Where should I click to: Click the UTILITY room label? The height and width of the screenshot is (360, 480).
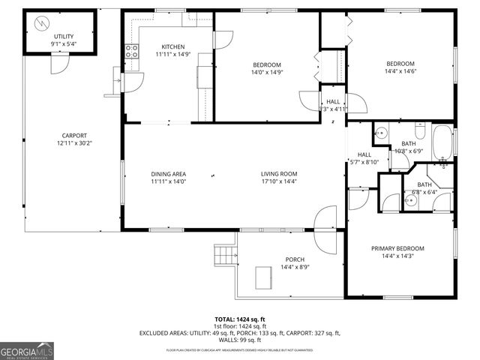click(64, 37)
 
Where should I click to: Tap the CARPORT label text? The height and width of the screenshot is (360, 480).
click(75, 135)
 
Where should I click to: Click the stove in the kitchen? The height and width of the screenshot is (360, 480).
click(132, 51)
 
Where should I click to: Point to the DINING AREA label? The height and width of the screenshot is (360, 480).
click(168, 174)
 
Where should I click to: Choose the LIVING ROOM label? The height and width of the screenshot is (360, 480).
click(279, 174)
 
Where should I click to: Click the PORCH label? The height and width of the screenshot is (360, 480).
click(294, 259)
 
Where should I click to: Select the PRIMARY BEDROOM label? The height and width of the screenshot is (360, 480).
click(397, 248)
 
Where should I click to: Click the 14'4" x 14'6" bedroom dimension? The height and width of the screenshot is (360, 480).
click(400, 72)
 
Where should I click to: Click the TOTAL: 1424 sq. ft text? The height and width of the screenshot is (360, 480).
click(239, 319)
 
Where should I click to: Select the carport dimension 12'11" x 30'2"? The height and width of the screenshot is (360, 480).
click(75, 143)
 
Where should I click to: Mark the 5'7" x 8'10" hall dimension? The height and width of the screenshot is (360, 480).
click(364, 162)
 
